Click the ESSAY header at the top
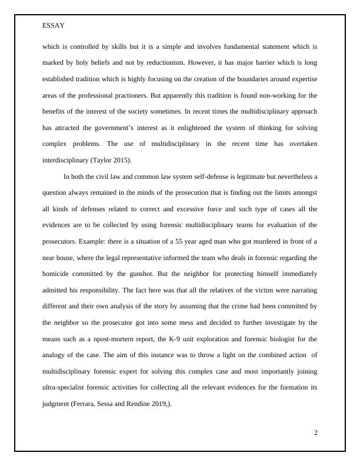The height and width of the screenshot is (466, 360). pos(54,26)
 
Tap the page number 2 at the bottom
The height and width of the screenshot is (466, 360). pos(315,432)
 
